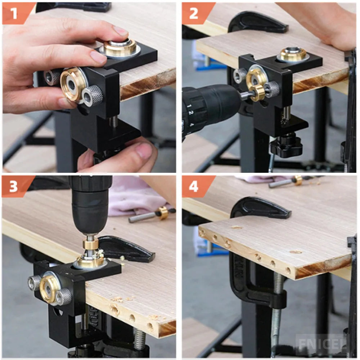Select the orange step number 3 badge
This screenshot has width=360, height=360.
coord(14,186)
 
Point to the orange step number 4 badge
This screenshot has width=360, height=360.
coord(194,186)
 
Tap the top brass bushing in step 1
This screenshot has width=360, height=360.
coord(120,47)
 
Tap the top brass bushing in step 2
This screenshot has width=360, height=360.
coord(293,54)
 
